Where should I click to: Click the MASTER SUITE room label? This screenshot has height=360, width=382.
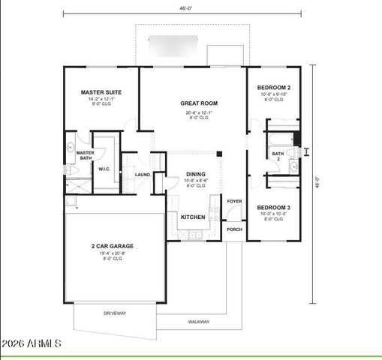click(101, 93)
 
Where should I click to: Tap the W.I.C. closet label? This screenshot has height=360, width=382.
click(105, 169)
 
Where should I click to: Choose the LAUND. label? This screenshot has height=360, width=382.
click(143, 175)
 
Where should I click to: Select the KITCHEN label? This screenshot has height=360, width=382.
click(193, 217)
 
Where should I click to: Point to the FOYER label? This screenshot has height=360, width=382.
click(235, 201)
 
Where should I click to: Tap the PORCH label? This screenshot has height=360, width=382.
click(235, 229)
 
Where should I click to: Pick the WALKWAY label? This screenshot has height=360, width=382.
click(199, 322)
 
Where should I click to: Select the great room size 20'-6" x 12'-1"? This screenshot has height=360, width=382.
click(199, 112)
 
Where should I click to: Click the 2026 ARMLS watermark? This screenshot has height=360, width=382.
click(32, 343)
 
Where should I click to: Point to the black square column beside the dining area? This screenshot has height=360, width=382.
click(219, 154)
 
